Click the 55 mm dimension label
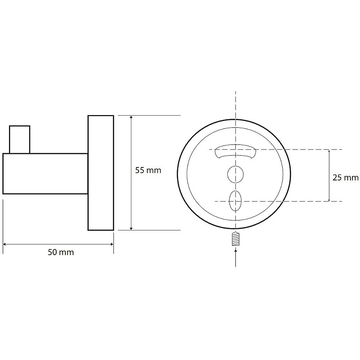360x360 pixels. tap(148, 171)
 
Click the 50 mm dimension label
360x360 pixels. tap(61, 252)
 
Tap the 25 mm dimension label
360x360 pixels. tap(346, 177)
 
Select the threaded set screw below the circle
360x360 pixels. tap(236, 239)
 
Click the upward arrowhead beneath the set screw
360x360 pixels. tap(236, 252)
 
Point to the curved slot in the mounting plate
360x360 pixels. tap(235, 151)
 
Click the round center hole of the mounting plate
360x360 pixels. tap(235, 175)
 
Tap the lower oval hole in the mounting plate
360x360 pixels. tap(235, 201)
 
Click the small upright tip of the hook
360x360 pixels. tap(20, 139)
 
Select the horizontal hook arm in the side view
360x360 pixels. tap(45, 174)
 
